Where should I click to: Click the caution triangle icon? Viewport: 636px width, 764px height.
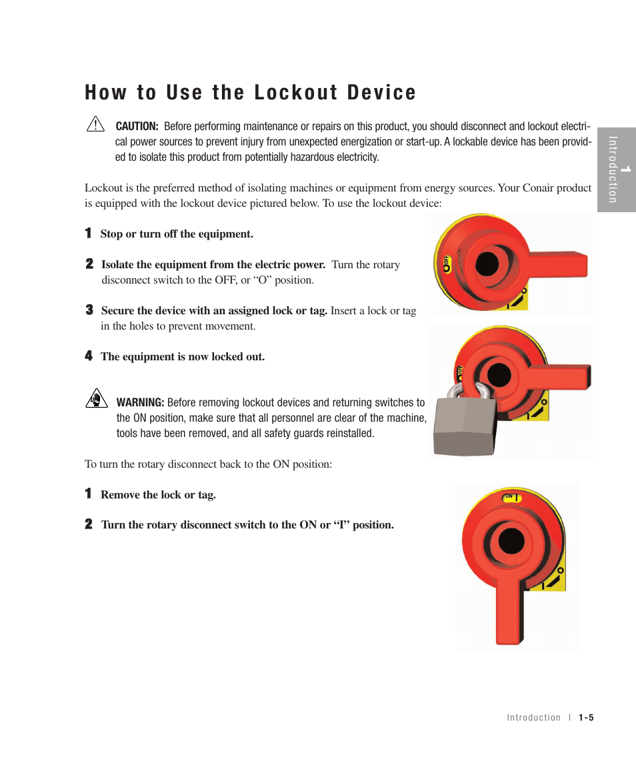[x=95, y=124]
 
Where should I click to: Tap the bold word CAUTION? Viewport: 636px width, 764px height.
[x=137, y=126]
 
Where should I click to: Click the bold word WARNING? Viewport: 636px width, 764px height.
[x=140, y=402]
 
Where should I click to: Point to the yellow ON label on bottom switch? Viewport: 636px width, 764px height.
[x=511, y=497]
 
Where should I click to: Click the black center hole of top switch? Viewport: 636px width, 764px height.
[x=487, y=264]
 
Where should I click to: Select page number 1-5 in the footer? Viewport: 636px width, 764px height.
[x=586, y=718]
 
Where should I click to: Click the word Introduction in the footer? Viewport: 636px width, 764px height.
[x=533, y=718]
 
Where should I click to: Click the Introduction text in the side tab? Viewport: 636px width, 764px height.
[x=613, y=169]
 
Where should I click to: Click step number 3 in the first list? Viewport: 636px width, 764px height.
[x=89, y=310]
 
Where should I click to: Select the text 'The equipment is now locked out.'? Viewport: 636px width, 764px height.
[x=183, y=357]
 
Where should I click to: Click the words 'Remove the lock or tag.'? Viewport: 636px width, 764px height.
[x=158, y=495]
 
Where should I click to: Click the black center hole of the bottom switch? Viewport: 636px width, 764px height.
[x=511, y=540]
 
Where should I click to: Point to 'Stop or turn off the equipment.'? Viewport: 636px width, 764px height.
[x=177, y=234]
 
